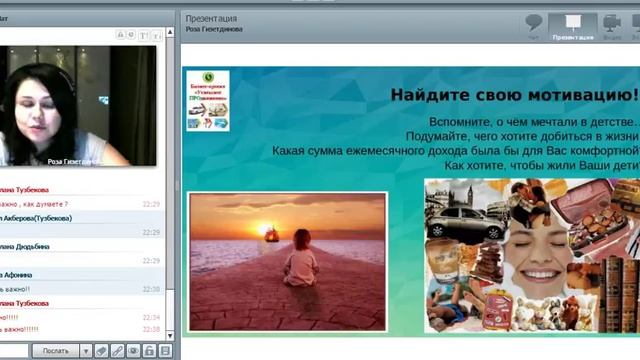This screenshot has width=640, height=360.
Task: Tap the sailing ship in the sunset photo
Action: point(271,236)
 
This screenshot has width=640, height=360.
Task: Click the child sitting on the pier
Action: point(300,268)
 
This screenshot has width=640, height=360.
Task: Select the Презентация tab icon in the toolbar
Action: point(573,24)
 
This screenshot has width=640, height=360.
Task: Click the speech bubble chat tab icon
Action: point(534,24)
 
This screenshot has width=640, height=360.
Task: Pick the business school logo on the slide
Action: point(208,100)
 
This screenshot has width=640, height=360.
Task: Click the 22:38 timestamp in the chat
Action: point(151,329)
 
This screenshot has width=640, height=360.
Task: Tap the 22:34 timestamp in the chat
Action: point(151,317)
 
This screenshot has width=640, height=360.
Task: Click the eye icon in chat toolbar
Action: point(133,351)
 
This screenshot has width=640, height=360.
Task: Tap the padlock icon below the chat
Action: point(149,351)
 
